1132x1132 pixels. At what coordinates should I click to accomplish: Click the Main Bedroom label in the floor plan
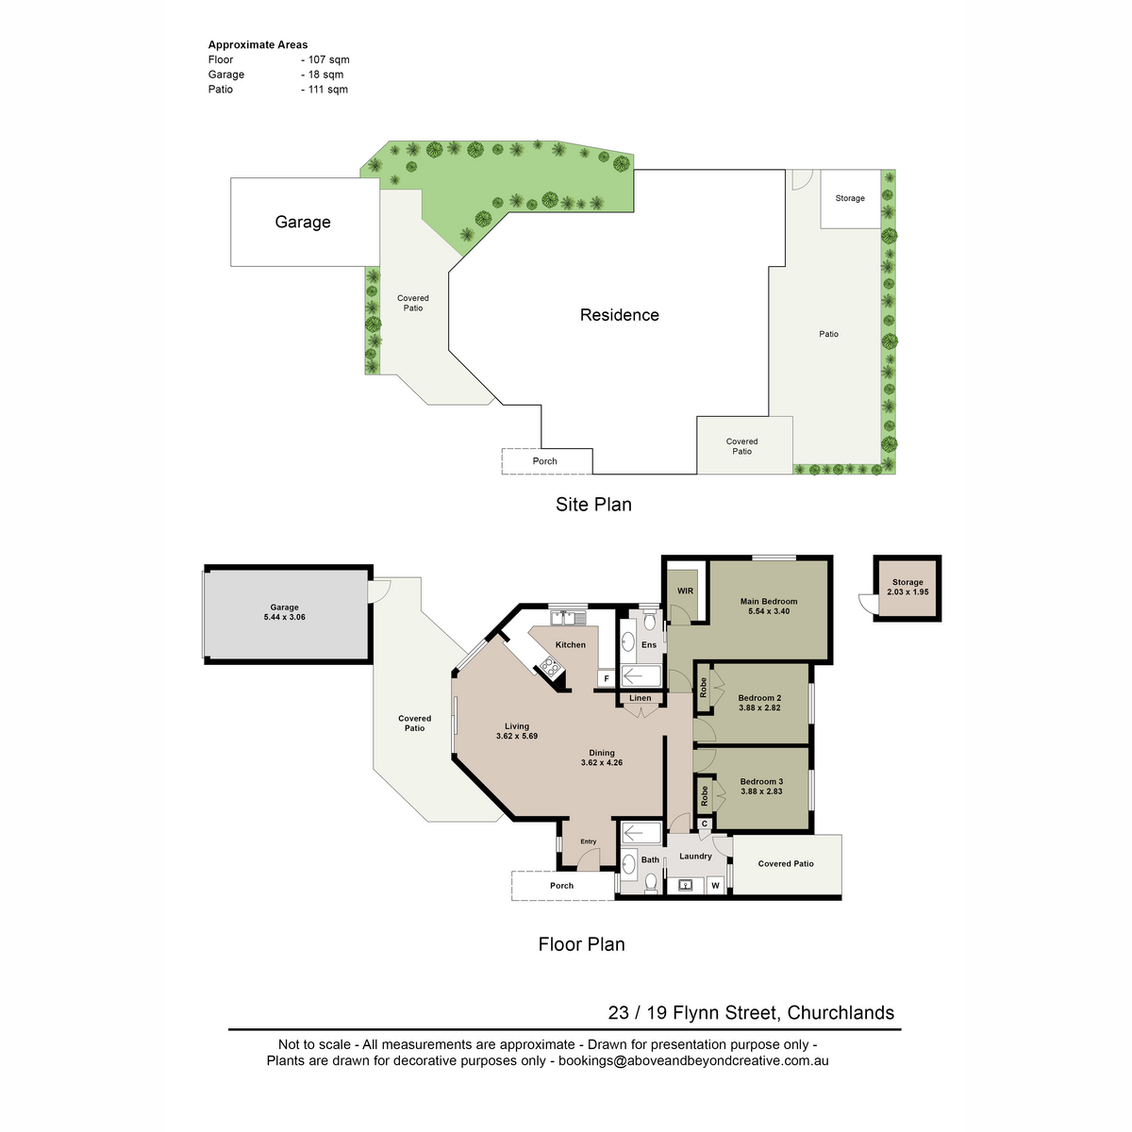click(768, 601)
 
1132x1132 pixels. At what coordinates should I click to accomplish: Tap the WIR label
click(685, 591)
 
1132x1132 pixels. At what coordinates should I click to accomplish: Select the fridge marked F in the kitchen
click(607, 678)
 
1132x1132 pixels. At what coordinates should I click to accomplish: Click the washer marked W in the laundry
click(715, 885)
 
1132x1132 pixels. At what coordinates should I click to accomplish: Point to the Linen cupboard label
click(640, 698)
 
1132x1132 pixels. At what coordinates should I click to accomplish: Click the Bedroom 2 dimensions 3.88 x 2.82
click(759, 707)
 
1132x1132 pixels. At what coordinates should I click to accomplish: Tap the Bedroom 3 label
click(761, 781)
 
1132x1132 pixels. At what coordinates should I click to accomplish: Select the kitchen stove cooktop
click(550, 666)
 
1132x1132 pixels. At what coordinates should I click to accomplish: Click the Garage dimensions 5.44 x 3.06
click(284, 617)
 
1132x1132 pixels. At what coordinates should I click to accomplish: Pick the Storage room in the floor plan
click(907, 588)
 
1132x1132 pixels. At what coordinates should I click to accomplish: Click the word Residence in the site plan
click(619, 315)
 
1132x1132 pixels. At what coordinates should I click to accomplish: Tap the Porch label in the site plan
click(544, 461)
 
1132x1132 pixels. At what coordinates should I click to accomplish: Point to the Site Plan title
click(593, 504)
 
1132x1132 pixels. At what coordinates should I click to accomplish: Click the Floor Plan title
click(582, 943)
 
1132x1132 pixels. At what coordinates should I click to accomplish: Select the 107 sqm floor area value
click(329, 59)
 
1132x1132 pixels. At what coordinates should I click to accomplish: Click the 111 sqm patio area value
click(327, 90)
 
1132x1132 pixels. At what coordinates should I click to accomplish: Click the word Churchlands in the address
click(841, 1012)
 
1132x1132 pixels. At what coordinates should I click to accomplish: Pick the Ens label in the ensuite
click(648, 644)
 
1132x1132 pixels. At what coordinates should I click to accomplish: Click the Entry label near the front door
click(588, 841)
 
